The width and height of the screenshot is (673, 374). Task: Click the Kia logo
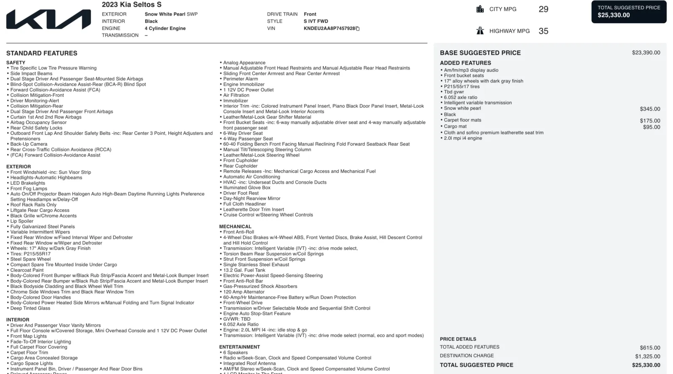pyautogui.click(x=48, y=19)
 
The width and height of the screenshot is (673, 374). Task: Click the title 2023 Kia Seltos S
pyautogui.click(x=131, y=5)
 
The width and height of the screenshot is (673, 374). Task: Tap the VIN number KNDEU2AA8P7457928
pyautogui.click(x=329, y=29)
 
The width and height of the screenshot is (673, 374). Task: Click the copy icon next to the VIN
pyautogui.click(x=358, y=29)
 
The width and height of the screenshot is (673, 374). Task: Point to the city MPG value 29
pyautogui.click(x=543, y=9)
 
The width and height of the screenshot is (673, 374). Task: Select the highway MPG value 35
pyautogui.click(x=543, y=31)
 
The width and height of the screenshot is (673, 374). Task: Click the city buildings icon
pyautogui.click(x=480, y=9)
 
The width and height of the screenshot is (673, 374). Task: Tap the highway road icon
pyautogui.click(x=480, y=31)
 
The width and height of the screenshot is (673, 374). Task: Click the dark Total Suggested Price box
pyautogui.click(x=628, y=12)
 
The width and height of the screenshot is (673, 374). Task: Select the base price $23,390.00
pyautogui.click(x=646, y=53)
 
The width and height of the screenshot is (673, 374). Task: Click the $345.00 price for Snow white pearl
pyautogui.click(x=650, y=109)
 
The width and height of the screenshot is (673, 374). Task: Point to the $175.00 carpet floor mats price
pyautogui.click(x=650, y=121)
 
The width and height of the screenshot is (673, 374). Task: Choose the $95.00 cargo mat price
pyautogui.click(x=651, y=127)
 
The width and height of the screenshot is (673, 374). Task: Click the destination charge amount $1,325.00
pyautogui.click(x=647, y=356)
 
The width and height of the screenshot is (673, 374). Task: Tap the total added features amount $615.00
pyautogui.click(x=650, y=348)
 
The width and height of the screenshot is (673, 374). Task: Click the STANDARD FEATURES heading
pyautogui.click(x=42, y=53)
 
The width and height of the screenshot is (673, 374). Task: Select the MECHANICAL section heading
pyautogui.click(x=235, y=227)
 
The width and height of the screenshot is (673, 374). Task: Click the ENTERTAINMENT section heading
pyautogui.click(x=239, y=347)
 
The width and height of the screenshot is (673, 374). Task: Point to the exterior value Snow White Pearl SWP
pyautogui.click(x=171, y=14)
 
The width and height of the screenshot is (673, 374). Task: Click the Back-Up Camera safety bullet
pyautogui.click(x=29, y=144)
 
